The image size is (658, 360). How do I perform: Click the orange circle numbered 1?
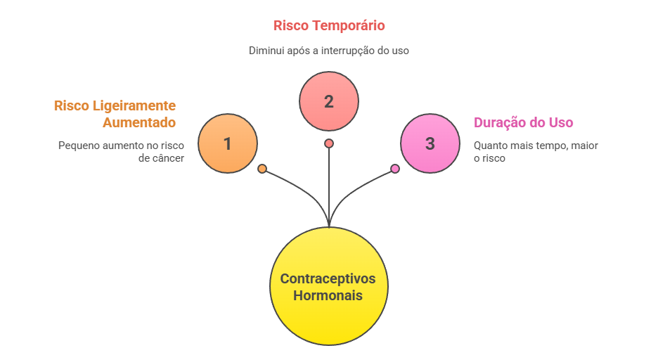tap(227, 143)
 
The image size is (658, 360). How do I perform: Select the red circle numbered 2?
tap(329, 101)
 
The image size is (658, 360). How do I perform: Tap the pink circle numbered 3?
tap(430, 143)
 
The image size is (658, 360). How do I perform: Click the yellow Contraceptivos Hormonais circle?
tap(328, 286)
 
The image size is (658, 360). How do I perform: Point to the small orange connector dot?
tap(262, 169)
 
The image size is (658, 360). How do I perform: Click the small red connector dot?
tap(329, 143)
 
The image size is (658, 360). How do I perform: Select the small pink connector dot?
tap(395, 169)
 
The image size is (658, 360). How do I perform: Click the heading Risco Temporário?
tap(329, 26)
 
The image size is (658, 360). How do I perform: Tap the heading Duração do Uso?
tap(524, 122)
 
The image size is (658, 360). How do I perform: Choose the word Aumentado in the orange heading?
tap(138, 122)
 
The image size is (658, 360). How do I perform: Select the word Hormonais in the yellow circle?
tap(328, 295)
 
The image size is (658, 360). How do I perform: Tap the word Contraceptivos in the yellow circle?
tap(328, 278)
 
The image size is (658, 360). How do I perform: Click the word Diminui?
tap(264, 51)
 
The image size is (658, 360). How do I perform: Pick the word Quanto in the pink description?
tap(489, 146)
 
